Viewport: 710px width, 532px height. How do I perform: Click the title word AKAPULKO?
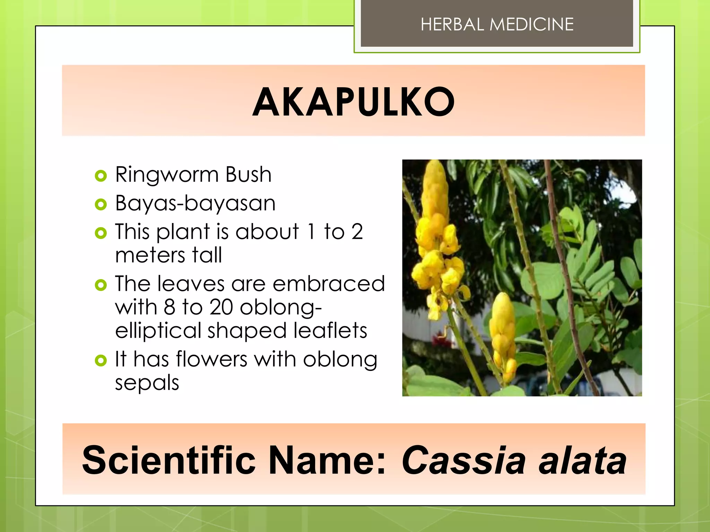coord(353,102)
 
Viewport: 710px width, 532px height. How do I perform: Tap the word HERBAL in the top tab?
coord(452,25)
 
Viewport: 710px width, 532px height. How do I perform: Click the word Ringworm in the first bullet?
coord(167,175)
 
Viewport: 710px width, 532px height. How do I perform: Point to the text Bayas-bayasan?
coord(195,203)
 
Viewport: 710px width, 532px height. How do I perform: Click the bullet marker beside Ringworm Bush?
coord(101,176)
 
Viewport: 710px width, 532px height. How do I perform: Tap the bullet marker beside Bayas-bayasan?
coord(101,204)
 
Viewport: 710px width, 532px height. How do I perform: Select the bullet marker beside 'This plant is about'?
coord(101,233)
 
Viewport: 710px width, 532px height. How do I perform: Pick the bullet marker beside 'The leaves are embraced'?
coord(101,285)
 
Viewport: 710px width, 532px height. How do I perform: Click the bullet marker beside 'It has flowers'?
coord(101,361)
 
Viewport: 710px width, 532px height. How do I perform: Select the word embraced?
coord(329,284)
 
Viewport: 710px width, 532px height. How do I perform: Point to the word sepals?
coord(147,383)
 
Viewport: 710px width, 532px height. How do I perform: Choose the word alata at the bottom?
coord(582,460)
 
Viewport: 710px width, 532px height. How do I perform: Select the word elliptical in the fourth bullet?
coord(158,330)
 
